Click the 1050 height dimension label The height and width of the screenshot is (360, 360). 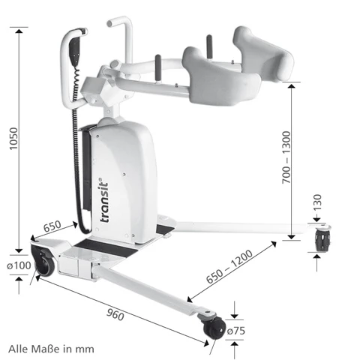point(13,139)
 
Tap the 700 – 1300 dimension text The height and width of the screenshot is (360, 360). point(286,157)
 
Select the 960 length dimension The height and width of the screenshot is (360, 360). point(115,314)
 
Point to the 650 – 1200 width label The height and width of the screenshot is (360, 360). point(229,266)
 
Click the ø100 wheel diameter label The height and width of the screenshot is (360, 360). point(19,265)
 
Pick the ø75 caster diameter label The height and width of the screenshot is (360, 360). point(236,331)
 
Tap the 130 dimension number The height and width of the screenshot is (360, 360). point(317,202)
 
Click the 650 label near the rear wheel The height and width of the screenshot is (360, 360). point(52,226)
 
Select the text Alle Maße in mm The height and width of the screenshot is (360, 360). point(51,349)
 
